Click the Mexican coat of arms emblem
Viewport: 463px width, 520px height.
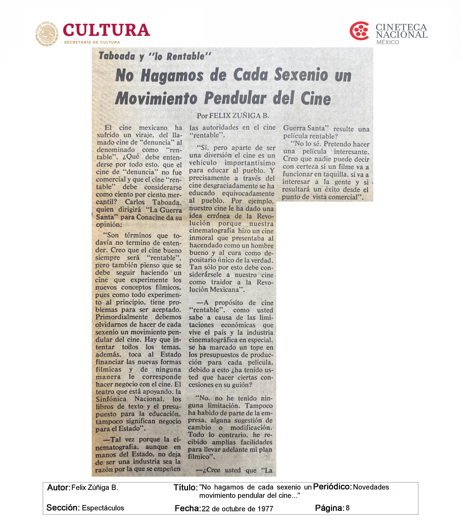click(x=47, y=34)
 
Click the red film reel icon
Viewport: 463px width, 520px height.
click(x=359, y=31)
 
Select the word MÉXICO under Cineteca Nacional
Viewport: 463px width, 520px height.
click(x=388, y=42)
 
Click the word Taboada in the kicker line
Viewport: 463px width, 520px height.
click(x=117, y=56)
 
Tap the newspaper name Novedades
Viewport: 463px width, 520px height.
click(x=371, y=487)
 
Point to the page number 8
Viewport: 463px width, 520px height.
click(x=348, y=508)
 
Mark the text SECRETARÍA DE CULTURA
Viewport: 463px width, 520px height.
click(x=92, y=42)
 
